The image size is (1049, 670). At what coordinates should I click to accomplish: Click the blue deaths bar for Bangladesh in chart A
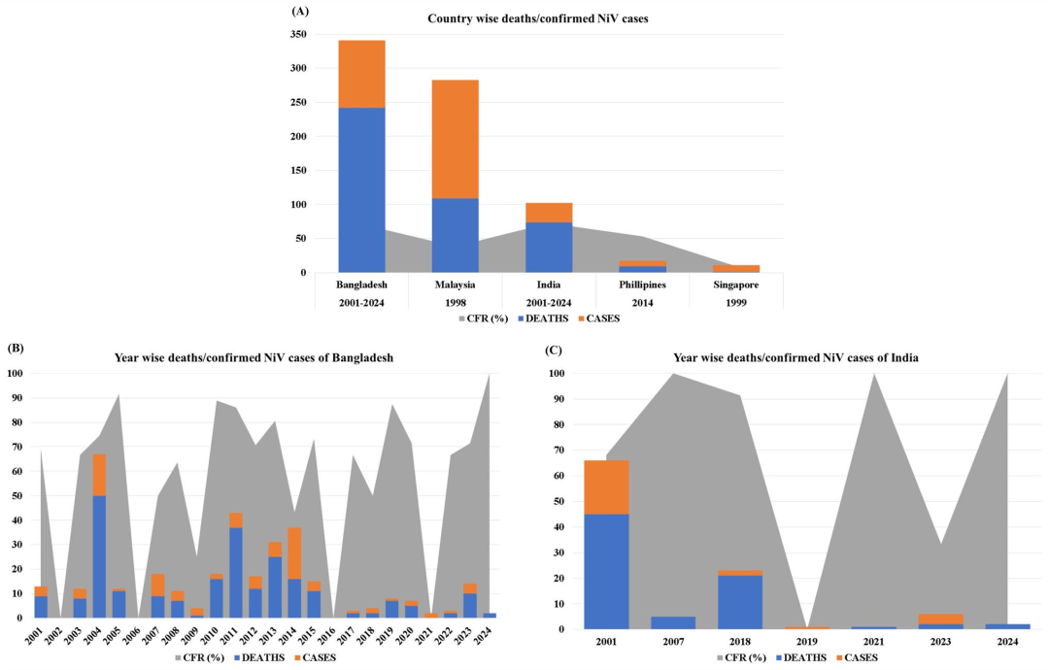click(361, 189)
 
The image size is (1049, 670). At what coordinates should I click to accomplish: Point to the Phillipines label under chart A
click(642, 285)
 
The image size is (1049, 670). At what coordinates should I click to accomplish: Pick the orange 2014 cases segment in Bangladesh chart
click(294, 553)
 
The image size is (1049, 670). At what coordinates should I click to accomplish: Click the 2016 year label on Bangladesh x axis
click(333, 636)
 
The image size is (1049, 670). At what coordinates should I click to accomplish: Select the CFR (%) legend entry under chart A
click(484, 318)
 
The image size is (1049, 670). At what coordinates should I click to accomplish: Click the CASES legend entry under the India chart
click(860, 658)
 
